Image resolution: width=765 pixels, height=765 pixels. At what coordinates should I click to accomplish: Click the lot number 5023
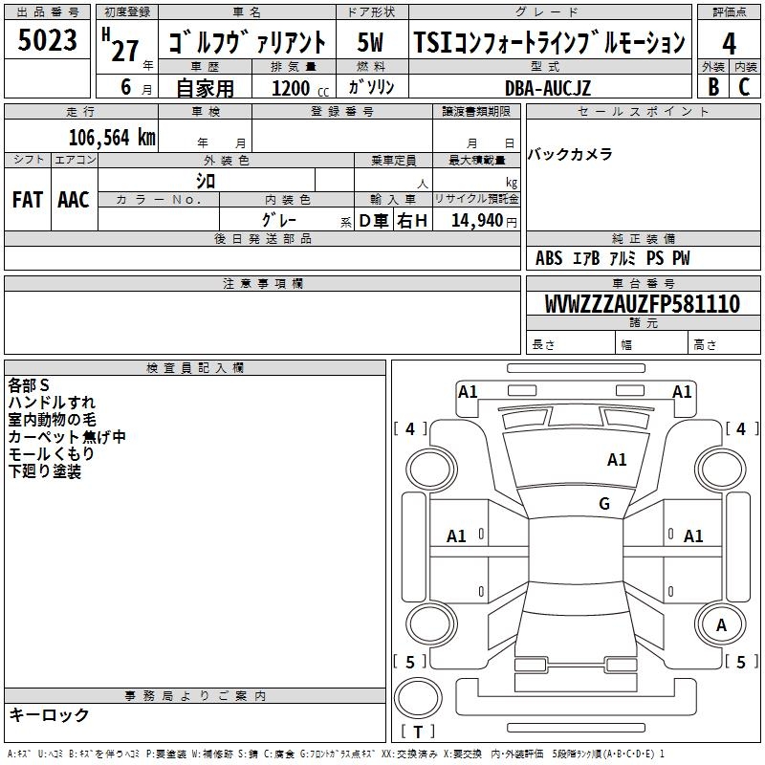point(48,41)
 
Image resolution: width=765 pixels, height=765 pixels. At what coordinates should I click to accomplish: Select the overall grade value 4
point(729,43)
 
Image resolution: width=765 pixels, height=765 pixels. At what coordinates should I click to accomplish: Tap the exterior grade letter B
point(712,86)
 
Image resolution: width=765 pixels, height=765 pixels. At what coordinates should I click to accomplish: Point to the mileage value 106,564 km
point(111,137)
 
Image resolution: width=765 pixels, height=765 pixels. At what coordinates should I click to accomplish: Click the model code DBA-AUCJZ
point(548,88)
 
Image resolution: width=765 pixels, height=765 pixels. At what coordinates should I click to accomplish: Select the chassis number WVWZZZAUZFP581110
point(642,305)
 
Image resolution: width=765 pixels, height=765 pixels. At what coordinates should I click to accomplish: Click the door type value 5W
point(370,42)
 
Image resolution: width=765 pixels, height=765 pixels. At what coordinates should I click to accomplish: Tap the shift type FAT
point(28,200)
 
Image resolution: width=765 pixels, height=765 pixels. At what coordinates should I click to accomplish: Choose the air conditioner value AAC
point(74,200)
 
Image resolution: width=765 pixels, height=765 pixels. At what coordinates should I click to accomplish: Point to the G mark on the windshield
point(604,504)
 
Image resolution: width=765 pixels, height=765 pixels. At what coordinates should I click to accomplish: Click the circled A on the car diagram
point(722,625)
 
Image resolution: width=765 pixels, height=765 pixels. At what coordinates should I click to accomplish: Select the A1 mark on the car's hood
point(617,460)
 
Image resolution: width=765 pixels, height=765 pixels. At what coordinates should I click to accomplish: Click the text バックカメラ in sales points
point(570,155)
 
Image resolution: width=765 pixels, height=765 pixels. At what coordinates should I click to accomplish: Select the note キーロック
point(49,715)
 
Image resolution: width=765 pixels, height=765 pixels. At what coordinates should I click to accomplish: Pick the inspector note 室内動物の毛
point(52,420)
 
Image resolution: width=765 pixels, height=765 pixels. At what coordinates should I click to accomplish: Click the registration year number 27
point(124,50)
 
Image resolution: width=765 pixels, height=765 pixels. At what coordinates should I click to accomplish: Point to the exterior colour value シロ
point(206,180)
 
